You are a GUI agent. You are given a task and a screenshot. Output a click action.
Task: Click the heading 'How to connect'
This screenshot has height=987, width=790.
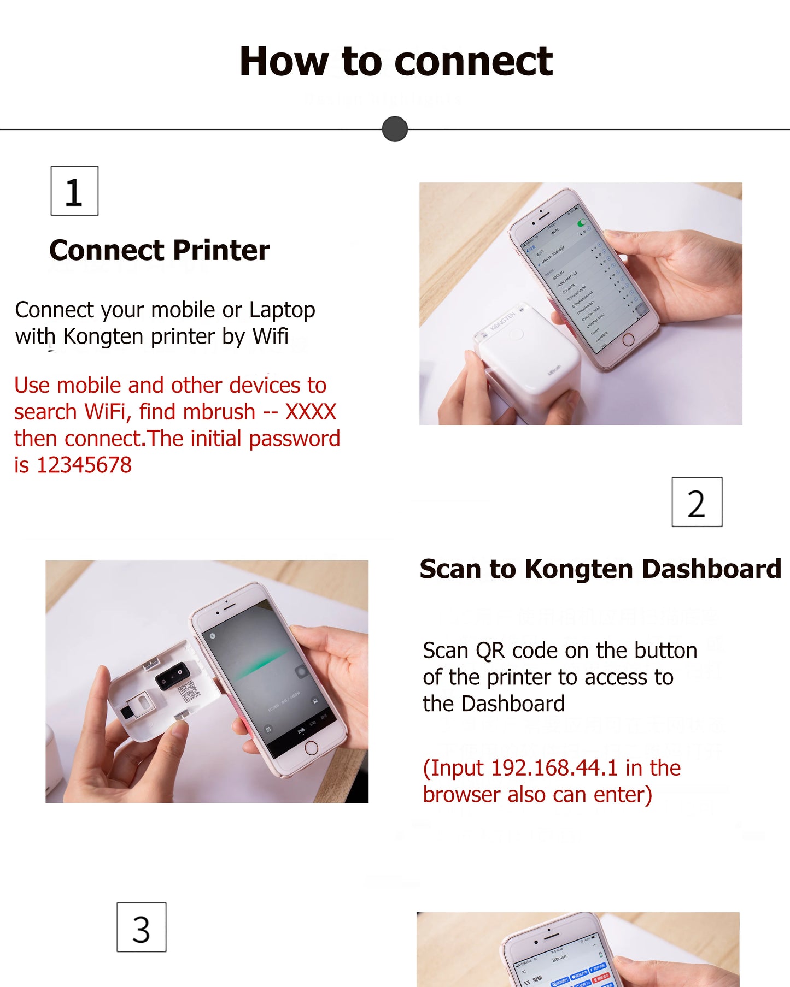pyautogui.click(x=396, y=61)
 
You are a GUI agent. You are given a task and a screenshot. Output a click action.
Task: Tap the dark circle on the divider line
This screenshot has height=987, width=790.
pyautogui.click(x=395, y=129)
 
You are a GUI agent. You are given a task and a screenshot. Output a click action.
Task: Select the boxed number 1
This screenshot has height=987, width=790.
pyautogui.click(x=74, y=191)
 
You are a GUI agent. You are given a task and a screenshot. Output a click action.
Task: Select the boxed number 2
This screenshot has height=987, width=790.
pyautogui.click(x=697, y=502)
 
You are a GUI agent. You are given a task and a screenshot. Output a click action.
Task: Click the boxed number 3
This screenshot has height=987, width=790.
pyautogui.click(x=141, y=927)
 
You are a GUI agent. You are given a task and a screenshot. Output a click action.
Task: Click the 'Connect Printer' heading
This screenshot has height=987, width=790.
pyautogui.click(x=159, y=250)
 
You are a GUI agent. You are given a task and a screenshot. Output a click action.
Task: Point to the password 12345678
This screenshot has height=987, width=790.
pyautogui.click(x=84, y=465)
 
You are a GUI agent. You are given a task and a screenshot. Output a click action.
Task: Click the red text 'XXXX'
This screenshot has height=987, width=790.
pyautogui.click(x=311, y=412)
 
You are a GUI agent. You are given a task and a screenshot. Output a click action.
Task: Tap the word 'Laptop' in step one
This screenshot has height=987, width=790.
pyautogui.click(x=282, y=310)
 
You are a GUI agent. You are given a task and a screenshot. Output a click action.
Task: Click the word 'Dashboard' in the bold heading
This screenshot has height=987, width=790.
pyautogui.click(x=711, y=569)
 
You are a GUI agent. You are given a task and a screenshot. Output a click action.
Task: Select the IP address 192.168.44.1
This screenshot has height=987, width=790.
pyautogui.click(x=554, y=768)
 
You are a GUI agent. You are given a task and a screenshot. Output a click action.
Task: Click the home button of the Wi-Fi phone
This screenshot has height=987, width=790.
pyautogui.click(x=628, y=340)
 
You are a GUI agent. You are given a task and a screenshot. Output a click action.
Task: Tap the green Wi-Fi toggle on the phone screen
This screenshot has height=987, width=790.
pyautogui.click(x=582, y=223)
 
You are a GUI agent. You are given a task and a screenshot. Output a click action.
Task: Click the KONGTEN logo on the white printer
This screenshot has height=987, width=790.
pyautogui.click(x=502, y=321)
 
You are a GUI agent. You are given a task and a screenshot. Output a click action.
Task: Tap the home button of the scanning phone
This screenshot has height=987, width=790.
pyautogui.click(x=311, y=748)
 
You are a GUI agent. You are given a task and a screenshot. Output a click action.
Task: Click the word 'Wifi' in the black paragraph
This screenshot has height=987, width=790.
pyautogui.click(x=270, y=336)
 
